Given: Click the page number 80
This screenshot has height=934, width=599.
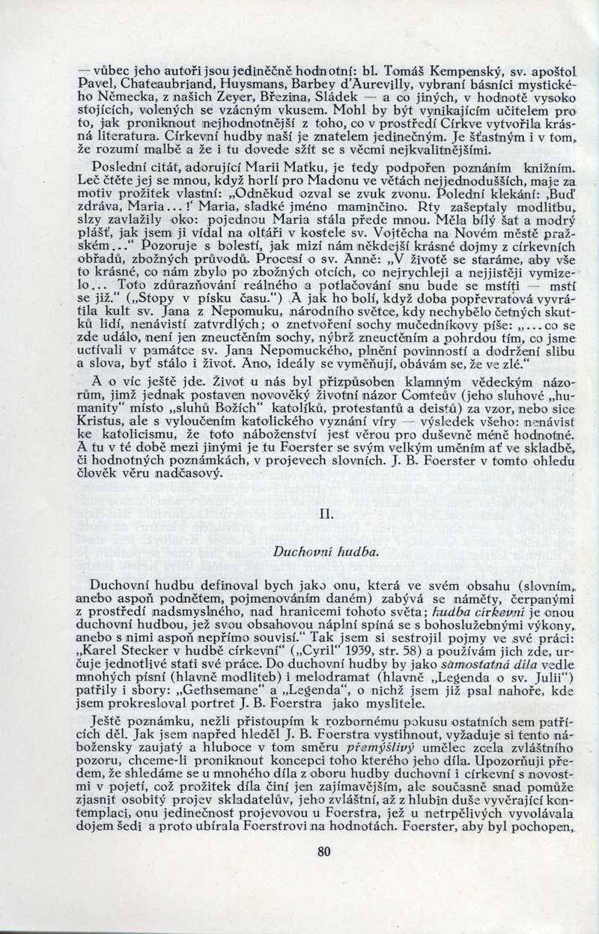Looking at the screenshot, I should click(323, 871).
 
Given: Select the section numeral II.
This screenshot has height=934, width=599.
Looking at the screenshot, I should click(325, 514).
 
